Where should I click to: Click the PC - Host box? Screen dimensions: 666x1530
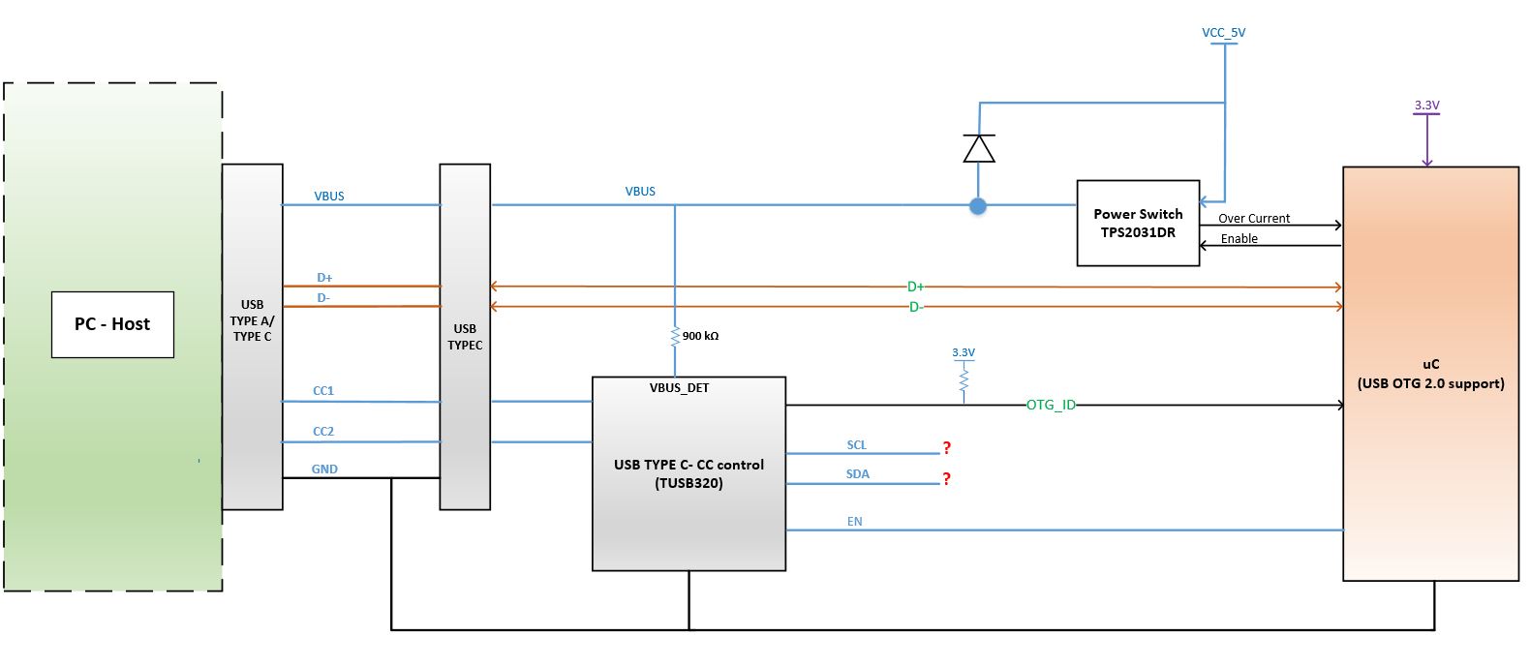(112, 324)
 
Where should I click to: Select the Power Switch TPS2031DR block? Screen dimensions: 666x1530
(1138, 223)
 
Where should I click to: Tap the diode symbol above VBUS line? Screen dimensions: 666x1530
(979, 149)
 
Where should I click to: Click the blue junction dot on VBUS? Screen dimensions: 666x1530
(978, 206)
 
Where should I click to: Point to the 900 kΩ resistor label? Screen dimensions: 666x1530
(700, 336)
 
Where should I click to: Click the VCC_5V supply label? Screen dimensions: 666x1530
(1223, 33)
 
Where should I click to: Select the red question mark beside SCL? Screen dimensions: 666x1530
(946, 447)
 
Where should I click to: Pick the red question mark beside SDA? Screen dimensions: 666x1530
(946, 478)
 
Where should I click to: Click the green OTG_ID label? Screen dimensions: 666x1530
(1051, 405)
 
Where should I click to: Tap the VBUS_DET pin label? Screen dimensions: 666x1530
(679, 388)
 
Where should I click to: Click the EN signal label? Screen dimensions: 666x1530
(854, 522)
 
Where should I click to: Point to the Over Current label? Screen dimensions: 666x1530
(1253, 219)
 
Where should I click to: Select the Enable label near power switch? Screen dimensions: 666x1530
(1239, 239)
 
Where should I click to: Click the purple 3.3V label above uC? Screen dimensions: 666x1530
(1426, 106)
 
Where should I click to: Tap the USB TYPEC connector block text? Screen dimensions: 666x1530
(465, 337)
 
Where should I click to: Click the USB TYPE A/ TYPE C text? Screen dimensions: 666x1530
(252, 320)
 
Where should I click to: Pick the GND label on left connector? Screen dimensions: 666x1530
(324, 469)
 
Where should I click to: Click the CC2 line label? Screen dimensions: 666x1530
(323, 432)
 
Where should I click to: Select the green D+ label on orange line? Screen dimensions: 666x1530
(915, 287)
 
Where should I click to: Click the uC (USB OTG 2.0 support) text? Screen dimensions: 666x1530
(1430, 374)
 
